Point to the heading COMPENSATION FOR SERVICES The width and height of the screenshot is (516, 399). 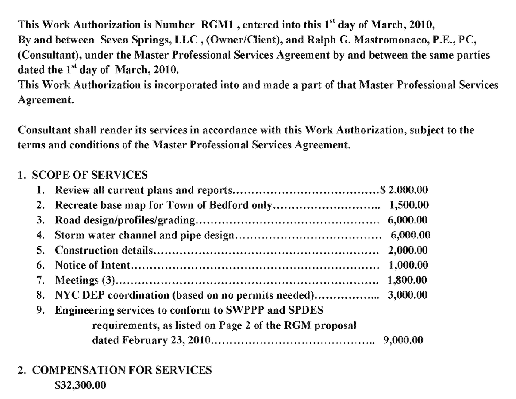122,370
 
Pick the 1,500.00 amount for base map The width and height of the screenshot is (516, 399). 408,205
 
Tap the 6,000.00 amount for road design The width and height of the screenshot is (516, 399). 407,220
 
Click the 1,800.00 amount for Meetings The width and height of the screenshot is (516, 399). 407,281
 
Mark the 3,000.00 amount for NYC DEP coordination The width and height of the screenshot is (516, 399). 408,296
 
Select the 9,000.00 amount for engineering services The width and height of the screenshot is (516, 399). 403,340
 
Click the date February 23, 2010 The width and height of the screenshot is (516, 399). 150,340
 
